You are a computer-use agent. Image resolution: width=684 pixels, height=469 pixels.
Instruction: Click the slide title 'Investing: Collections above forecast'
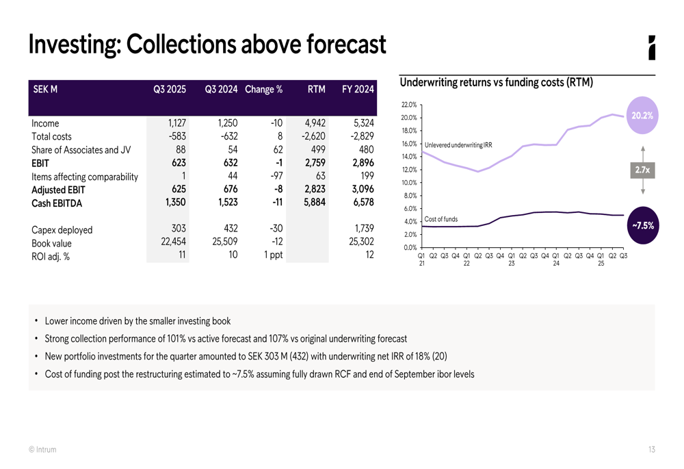[x=207, y=45]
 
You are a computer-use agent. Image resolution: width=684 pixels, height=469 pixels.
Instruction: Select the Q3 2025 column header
[x=170, y=89]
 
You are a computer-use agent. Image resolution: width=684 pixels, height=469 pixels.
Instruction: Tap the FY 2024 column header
[x=358, y=89]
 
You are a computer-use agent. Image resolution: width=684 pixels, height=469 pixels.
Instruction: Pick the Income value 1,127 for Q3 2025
[x=177, y=123]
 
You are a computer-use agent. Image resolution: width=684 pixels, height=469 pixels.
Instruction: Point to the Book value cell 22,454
[x=172, y=242]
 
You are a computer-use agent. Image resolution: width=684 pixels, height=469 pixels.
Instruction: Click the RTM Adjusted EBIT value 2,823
[x=313, y=190]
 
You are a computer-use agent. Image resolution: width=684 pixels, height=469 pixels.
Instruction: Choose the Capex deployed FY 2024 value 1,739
[x=362, y=229]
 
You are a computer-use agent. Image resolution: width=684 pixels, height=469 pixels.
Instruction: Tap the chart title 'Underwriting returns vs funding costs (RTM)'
[x=496, y=83]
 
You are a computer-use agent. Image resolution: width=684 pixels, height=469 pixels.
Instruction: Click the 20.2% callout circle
[x=642, y=116]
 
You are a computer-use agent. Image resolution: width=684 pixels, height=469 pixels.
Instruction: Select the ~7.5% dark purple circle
[x=641, y=225]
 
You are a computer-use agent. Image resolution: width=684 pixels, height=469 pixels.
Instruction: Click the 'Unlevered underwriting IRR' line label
[x=458, y=145]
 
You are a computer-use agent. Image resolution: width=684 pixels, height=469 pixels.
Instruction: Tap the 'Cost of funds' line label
[x=441, y=219]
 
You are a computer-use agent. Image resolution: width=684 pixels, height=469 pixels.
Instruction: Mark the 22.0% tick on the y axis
[x=409, y=105]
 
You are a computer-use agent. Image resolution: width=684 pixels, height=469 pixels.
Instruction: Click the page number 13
[x=651, y=450]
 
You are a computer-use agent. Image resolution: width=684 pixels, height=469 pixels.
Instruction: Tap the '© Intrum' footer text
[x=42, y=450]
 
